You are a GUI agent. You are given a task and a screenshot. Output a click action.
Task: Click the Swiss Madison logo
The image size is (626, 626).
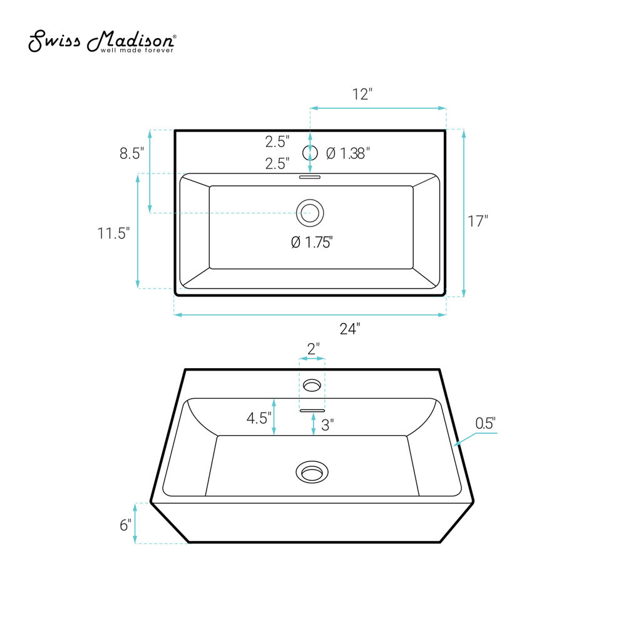coord(102,41)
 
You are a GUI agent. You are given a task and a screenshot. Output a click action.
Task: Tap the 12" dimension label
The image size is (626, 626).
coord(362,95)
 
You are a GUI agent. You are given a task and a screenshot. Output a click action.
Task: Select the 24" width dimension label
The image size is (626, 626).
coord(350,329)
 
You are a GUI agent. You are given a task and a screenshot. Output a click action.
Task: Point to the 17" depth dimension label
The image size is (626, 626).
coord(478,221)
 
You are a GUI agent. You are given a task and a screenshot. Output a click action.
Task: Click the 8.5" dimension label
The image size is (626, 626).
coord(131,153)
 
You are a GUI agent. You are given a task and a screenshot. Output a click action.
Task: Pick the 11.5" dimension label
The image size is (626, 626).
coord(114,233)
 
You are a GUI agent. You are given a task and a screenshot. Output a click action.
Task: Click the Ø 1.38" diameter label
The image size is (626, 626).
coord(347,153)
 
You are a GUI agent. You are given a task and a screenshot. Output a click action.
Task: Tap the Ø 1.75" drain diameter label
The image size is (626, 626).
coord(312,242)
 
